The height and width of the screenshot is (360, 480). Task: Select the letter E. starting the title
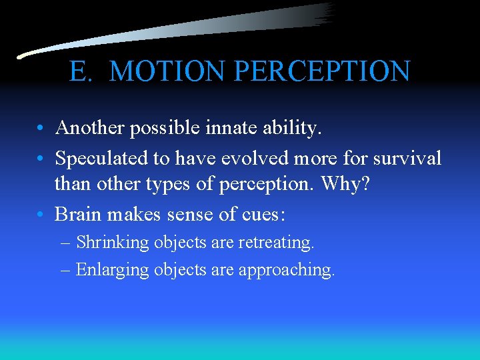(x=81, y=71)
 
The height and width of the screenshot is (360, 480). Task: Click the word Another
(x=89, y=127)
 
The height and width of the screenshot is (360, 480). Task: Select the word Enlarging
(x=113, y=270)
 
